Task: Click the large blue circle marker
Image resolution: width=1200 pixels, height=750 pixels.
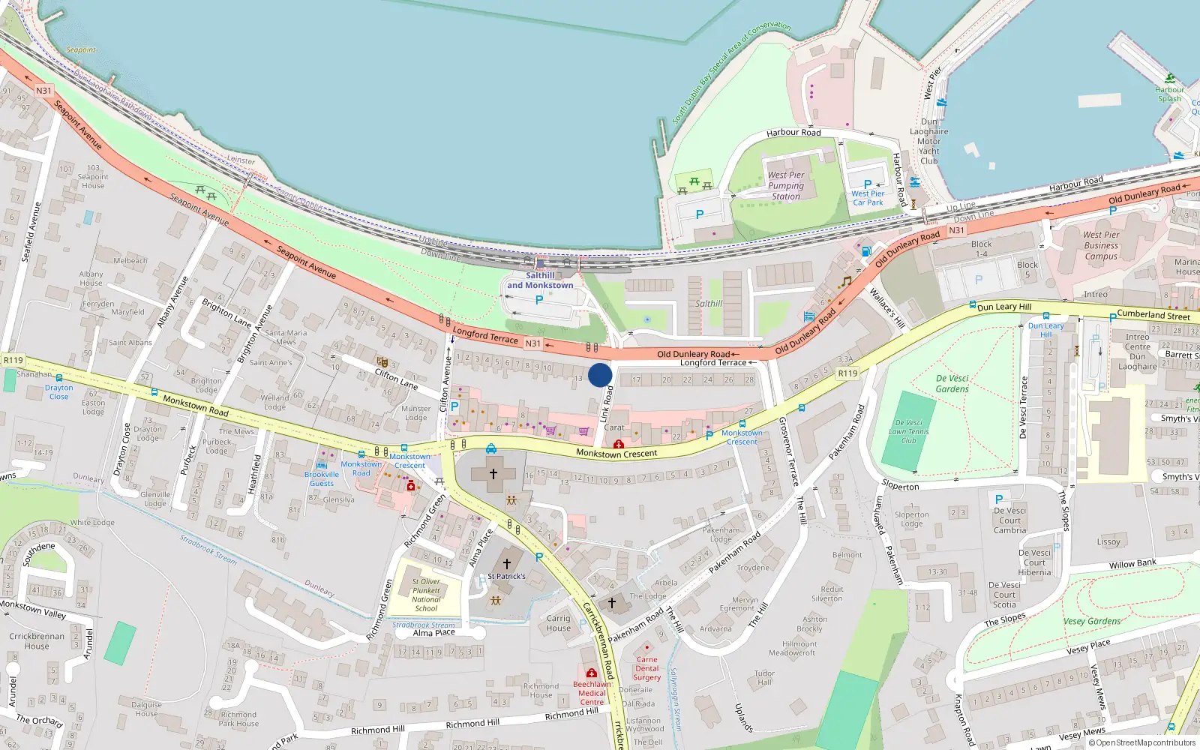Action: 600,375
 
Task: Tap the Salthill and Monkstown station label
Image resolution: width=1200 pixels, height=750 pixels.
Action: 540,280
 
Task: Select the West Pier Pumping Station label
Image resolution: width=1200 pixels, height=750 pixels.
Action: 786,186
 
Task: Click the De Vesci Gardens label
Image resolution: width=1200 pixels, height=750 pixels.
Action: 952,384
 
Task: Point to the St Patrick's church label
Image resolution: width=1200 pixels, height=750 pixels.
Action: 507,576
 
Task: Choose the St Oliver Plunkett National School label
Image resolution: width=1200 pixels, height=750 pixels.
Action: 426,595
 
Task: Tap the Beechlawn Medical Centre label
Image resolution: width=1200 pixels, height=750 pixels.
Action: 592,693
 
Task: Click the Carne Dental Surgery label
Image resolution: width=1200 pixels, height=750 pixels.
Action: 646,669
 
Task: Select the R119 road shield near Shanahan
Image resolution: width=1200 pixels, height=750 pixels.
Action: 13,360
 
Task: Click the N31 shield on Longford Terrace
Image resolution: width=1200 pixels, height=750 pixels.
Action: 532,343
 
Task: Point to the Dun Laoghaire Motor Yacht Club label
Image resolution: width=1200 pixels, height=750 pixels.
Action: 929,141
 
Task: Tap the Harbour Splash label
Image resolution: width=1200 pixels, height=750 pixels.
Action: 1169,94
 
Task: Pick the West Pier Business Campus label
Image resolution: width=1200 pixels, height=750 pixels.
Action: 1101,245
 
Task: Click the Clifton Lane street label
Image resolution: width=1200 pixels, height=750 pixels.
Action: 396,379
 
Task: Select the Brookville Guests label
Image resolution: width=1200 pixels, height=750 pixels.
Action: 322,478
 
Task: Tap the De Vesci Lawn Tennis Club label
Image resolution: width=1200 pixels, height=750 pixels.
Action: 909,431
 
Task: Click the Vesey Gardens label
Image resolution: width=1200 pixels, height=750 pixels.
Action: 1092,621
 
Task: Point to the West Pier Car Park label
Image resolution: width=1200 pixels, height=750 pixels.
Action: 868,198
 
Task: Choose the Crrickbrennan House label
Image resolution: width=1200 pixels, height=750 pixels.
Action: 37,641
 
